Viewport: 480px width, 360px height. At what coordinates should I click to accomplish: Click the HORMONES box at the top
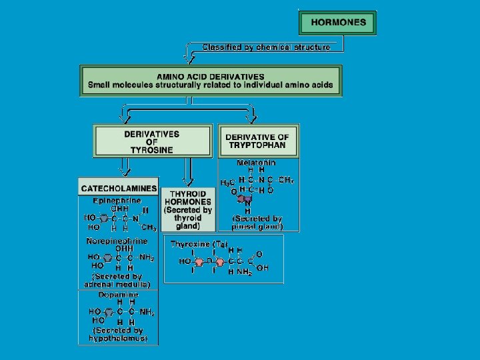338,22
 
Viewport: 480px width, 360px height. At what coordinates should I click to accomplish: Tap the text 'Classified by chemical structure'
267,47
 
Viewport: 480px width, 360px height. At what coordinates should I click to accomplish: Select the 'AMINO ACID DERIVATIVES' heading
210,77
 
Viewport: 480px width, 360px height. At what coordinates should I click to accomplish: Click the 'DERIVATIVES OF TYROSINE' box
151,142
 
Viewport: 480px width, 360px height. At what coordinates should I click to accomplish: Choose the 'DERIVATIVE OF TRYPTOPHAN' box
257,141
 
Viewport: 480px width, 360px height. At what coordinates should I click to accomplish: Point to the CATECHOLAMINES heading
119,189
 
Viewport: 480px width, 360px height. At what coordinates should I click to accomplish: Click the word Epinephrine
116,200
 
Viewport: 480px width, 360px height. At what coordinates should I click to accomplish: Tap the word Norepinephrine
117,241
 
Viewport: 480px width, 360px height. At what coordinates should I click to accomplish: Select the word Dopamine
119,295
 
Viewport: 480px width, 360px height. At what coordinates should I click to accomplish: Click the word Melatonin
256,163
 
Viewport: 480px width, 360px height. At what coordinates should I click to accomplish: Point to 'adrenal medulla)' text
117,285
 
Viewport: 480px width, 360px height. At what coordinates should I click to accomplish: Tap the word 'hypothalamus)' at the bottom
118,339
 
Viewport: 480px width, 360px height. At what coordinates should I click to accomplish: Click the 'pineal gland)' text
257,227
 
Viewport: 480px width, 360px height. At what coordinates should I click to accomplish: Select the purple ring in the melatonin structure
247,198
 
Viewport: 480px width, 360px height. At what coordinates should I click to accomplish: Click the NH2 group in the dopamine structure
147,312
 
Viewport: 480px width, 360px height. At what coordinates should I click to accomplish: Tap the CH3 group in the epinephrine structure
149,227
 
